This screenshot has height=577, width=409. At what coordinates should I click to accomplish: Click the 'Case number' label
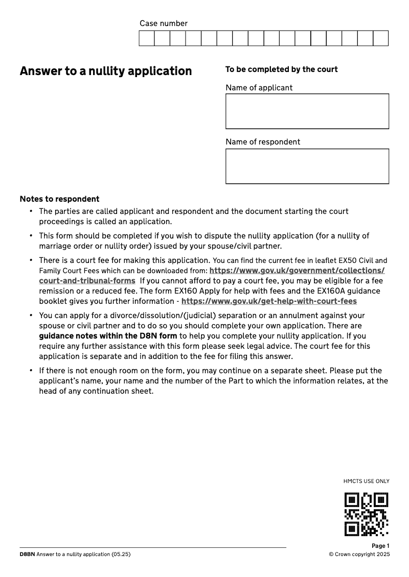[164, 23]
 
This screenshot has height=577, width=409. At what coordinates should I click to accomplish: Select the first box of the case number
[147, 38]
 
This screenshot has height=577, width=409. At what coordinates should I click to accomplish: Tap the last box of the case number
[381, 38]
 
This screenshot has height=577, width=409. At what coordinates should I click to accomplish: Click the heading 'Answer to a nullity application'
[106, 71]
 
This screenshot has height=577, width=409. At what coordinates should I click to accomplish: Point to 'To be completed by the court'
[281, 69]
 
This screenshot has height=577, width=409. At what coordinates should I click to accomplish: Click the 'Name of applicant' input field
[307, 111]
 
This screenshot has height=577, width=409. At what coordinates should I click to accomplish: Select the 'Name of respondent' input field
[307, 166]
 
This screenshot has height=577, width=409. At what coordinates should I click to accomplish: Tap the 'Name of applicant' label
[259, 88]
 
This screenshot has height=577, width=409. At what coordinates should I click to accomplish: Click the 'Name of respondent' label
[263, 142]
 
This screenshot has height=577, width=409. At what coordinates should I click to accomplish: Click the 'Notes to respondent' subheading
[59, 199]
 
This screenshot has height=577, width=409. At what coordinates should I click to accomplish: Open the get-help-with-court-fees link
[269, 301]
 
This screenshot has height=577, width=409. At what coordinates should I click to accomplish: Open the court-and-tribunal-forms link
[87, 281]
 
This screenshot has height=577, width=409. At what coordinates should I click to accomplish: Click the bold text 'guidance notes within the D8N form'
[108, 336]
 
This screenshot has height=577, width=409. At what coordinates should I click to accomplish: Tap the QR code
[367, 514]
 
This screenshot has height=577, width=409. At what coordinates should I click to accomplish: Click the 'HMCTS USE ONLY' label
[366, 481]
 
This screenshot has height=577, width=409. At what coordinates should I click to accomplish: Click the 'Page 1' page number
[380, 546]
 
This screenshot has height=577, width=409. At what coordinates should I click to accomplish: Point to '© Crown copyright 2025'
[359, 555]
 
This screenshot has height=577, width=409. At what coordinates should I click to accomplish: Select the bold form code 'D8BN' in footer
[27, 555]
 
